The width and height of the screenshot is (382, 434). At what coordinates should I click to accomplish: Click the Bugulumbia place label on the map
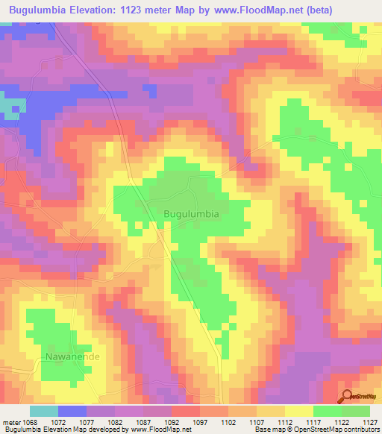click(x=191, y=213)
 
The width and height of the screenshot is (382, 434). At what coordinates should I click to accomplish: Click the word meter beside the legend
click(x=11, y=421)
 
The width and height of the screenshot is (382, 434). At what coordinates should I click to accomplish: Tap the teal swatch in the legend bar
click(x=43, y=411)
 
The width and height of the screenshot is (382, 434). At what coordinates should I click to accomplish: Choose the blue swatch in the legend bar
click(x=72, y=411)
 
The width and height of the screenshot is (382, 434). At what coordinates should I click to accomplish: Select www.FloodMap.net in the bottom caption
click(x=157, y=430)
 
